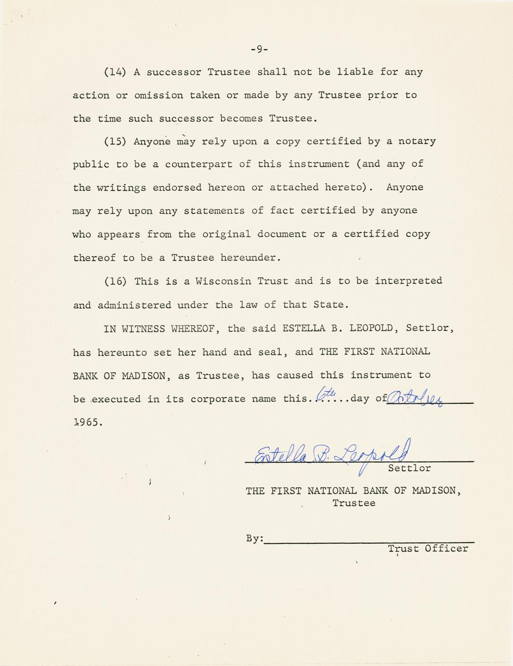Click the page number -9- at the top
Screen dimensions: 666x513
coord(259,49)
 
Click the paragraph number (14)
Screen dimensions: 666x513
coord(115,72)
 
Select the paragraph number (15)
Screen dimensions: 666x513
coord(115,141)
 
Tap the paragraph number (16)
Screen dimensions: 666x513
coord(115,281)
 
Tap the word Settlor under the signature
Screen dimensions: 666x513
coord(409,468)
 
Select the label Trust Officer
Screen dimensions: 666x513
coord(428,549)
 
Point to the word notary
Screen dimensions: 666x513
coord(417,141)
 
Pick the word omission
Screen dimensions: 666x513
coord(158,95)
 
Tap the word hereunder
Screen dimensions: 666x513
coord(250,258)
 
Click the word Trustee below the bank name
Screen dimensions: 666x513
coord(354,503)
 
